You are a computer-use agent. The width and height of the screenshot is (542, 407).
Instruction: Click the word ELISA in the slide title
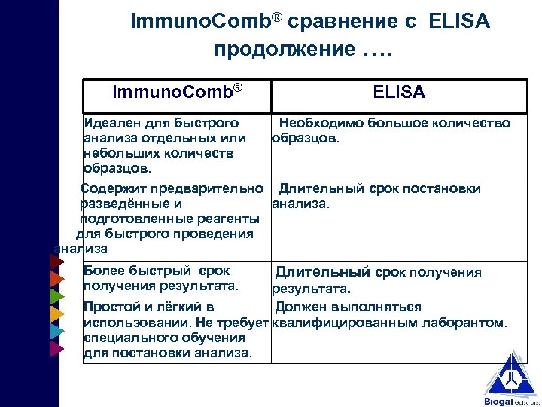[x=458, y=22]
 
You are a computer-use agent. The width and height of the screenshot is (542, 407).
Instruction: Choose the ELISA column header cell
[x=399, y=93]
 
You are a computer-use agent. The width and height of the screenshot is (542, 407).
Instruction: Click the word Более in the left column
[x=104, y=271]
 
